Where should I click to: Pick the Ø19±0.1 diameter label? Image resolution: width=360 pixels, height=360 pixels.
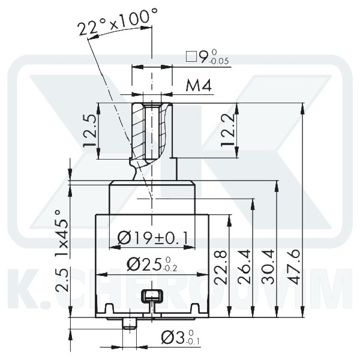click(153, 238)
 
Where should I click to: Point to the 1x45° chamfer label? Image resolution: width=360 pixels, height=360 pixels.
click(61, 234)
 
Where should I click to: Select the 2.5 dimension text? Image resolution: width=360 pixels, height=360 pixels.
click(61, 281)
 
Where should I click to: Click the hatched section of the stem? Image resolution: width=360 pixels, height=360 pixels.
click(139, 129)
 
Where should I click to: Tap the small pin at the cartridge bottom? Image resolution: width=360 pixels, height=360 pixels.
click(128, 324)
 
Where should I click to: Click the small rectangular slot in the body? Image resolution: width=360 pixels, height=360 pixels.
click(152, 295)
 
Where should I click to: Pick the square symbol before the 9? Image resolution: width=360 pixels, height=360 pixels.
click(191, 58)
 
